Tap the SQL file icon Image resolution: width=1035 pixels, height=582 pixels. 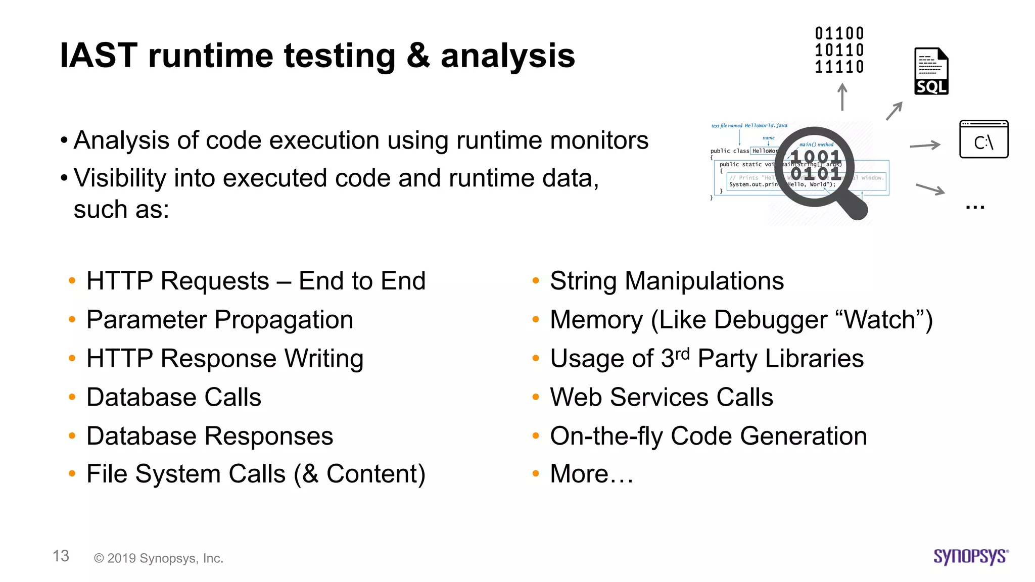click(931, 71)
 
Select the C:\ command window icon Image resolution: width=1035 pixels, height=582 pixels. click(983, 139)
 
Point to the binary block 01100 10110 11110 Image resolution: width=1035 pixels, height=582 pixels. click(839, 50)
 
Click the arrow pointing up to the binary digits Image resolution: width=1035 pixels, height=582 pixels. click(842, 97)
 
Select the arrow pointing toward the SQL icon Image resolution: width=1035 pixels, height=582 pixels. click(894, 111)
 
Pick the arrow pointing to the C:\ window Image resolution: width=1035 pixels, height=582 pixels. click(925, 145)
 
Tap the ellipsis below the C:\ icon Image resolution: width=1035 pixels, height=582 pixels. click(975, 207)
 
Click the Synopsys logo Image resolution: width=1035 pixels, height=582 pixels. click(971, 556)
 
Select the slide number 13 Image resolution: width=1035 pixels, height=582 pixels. click(61, 556)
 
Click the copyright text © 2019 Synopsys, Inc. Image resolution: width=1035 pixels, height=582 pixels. click(159, 558)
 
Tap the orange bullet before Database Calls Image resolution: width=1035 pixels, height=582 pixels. click(72, 397)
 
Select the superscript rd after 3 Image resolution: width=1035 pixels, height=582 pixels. click(682, 353)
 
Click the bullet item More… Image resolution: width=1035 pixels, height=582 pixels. click(591, 474)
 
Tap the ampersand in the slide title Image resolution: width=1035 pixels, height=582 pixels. click(417, 56)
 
